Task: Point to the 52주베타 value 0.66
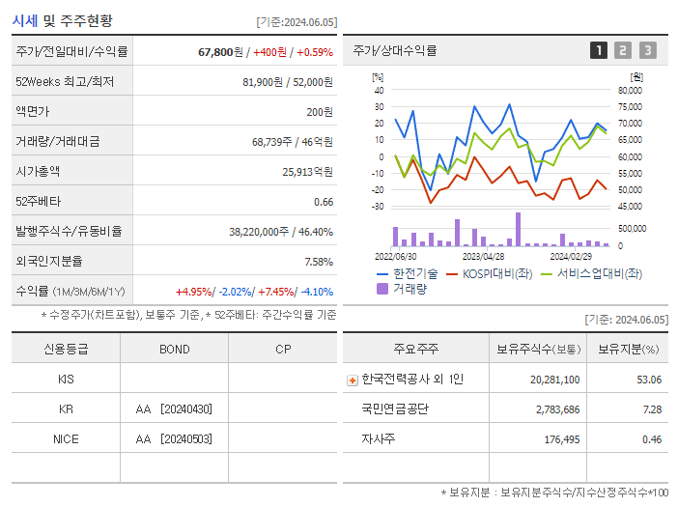tap(323, 202)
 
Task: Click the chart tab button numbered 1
tap(599, 50)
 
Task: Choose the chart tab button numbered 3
tap(647, 50)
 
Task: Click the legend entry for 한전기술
tap(409, 273)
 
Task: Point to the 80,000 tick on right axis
tap(629, 91)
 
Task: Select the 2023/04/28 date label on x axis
tap(483, 256)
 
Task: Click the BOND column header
tap(174, 350)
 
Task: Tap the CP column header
tap(282, 350)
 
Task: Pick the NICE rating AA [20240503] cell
tap(174, 438)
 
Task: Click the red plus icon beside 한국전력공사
tap(352, 380)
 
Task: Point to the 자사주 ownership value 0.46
tap(651, 439)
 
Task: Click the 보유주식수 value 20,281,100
tap(554, 380)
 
